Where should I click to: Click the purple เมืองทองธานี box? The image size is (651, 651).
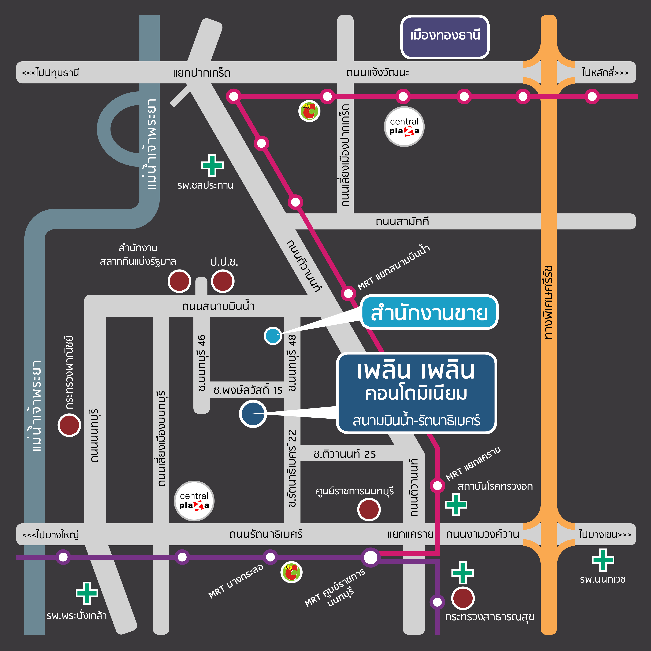[x=445, y=37]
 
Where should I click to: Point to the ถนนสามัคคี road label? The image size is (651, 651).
[x=402, y=222]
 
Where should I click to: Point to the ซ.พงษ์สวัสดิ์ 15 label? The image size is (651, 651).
[x=248, y=390]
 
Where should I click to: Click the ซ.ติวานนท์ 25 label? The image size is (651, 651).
[x=344, y=454]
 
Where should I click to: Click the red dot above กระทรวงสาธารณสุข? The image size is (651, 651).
[x=463, y=598]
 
